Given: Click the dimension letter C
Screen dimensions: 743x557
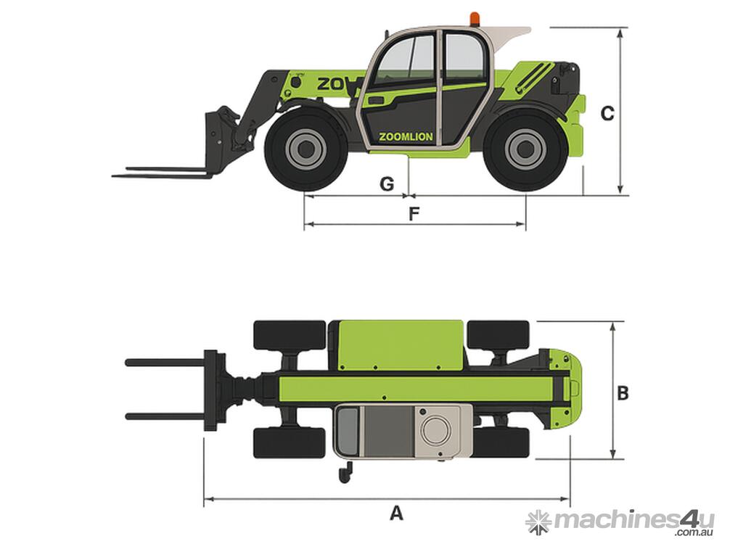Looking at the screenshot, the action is pos(607,114).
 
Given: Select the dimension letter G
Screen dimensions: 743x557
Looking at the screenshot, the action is pos(387,183).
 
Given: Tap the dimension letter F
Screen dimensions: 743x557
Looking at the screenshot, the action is pos(414,214).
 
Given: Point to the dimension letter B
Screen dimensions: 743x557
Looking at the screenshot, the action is pos(622,392).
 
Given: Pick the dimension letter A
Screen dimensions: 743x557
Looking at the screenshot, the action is pos(396,513).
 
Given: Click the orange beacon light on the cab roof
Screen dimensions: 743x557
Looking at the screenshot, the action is pos(475,18).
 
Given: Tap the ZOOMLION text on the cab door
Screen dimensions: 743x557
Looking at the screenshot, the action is pos(406,137).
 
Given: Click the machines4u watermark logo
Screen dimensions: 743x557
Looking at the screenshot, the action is pos(620,523).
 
